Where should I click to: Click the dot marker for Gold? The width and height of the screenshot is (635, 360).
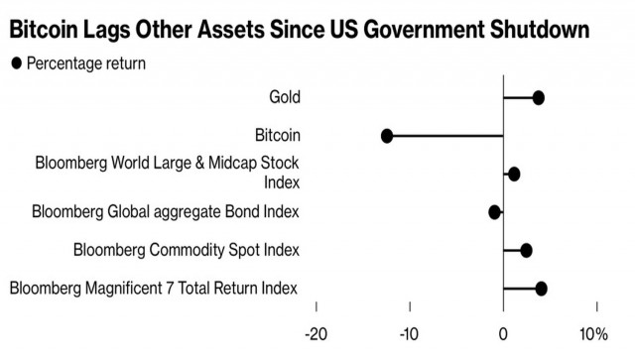(538, 97)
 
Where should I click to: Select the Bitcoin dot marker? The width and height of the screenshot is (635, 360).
(387, 136)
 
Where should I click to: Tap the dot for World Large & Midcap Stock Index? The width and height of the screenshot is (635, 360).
(514, 174)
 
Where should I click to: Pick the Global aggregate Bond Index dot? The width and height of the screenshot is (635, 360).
(495, 211)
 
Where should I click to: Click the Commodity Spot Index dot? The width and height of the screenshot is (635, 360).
(526, 250)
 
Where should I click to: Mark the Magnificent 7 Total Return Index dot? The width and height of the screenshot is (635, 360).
(541, 289)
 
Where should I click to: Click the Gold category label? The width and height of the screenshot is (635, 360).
(284, 97)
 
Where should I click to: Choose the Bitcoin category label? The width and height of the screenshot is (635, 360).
(277, 135)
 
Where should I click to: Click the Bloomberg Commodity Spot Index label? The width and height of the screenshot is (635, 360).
(186, 250)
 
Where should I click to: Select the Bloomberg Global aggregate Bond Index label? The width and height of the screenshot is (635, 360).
(165, 211)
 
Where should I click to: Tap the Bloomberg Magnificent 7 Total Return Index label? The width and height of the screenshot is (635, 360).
(154, 289)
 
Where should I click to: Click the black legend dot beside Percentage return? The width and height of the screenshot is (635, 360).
(15, 64)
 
